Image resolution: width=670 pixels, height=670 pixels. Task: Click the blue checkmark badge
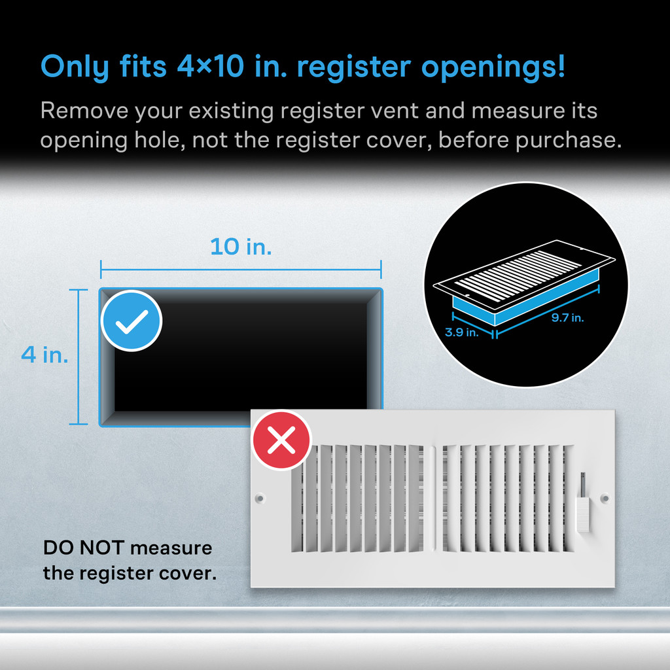pos(131,321)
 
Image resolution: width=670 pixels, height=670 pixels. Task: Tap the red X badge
pos(281,440)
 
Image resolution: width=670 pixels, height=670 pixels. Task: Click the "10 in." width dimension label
pos(241,247)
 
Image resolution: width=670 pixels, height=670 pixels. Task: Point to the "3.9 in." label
pos(462,332)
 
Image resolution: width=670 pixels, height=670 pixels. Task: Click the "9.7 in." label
pos(567,318)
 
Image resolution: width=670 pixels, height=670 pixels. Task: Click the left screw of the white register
pos(260,498)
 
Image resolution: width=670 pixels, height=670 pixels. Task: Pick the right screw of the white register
pos(604,498)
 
